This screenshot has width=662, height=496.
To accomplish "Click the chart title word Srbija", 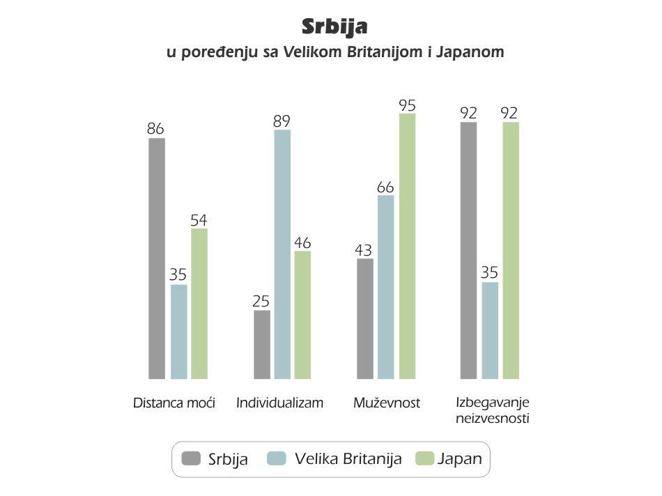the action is (x=334, y=27).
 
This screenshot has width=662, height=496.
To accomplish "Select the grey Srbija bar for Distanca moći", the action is (x=157, y=258).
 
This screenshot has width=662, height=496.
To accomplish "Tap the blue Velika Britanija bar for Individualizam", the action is (x=282, y=254).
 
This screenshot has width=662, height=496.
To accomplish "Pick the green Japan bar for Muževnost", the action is (x=407, y=246).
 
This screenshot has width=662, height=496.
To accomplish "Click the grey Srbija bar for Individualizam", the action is (x=262, y=344).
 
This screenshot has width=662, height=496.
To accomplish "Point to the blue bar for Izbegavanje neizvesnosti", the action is (x=490, y=330).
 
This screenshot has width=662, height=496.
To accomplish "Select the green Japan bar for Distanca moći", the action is (x=199, y=304).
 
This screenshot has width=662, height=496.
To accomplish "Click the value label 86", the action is (x=155, y=128).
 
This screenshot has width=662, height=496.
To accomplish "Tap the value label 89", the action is (x=282, y=121).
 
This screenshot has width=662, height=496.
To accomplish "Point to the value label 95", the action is (x=408, y=105).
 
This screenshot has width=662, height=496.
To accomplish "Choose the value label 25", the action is (x=261, y=301).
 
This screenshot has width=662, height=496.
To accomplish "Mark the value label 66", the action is (x=385, y=187).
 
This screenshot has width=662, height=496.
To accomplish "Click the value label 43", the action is (x=364, y=250).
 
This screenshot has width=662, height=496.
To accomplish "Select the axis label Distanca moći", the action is (x=174, y=403).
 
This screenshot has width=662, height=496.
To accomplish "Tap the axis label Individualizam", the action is (x=279, y=403).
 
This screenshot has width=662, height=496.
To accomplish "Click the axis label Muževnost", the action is (x=387, y=403).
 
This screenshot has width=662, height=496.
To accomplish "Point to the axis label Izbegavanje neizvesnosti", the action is (x=492, y=410).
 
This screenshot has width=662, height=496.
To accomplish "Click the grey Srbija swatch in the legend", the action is (x=191, y=458).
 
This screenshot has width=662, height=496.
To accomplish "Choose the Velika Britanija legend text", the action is (x=348, y=458).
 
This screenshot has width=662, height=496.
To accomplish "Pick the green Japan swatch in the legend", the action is (x=425, y=458).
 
